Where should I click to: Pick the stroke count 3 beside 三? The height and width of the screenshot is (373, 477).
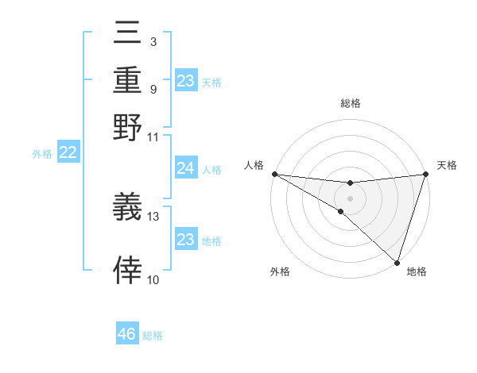[x=153, y=41]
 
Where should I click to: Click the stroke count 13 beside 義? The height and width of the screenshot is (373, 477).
[x=153, y=215]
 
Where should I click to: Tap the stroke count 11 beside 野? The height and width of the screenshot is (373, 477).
[x=153, y=137]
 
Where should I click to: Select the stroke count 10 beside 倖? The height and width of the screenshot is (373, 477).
[x=153, y=279]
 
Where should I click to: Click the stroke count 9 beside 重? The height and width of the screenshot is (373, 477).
[x=153, y=89]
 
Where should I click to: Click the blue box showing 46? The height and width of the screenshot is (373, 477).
[x=127, y=334]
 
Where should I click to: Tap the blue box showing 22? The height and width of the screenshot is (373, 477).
[x=68, y=153]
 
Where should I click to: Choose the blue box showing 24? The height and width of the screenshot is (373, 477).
[x=185, y=168]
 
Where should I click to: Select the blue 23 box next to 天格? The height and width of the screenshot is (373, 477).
[x=185, y=81]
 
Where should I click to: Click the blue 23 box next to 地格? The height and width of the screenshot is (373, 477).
[x=185, y=240]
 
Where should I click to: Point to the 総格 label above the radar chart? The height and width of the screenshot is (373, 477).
[x=351, y=103]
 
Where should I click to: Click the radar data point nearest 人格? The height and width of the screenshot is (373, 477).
[x=274, y=174]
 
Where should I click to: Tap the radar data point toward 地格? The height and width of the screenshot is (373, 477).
[x=397, y=262]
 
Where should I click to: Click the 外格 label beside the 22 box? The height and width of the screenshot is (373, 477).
[x=42, y=154]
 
